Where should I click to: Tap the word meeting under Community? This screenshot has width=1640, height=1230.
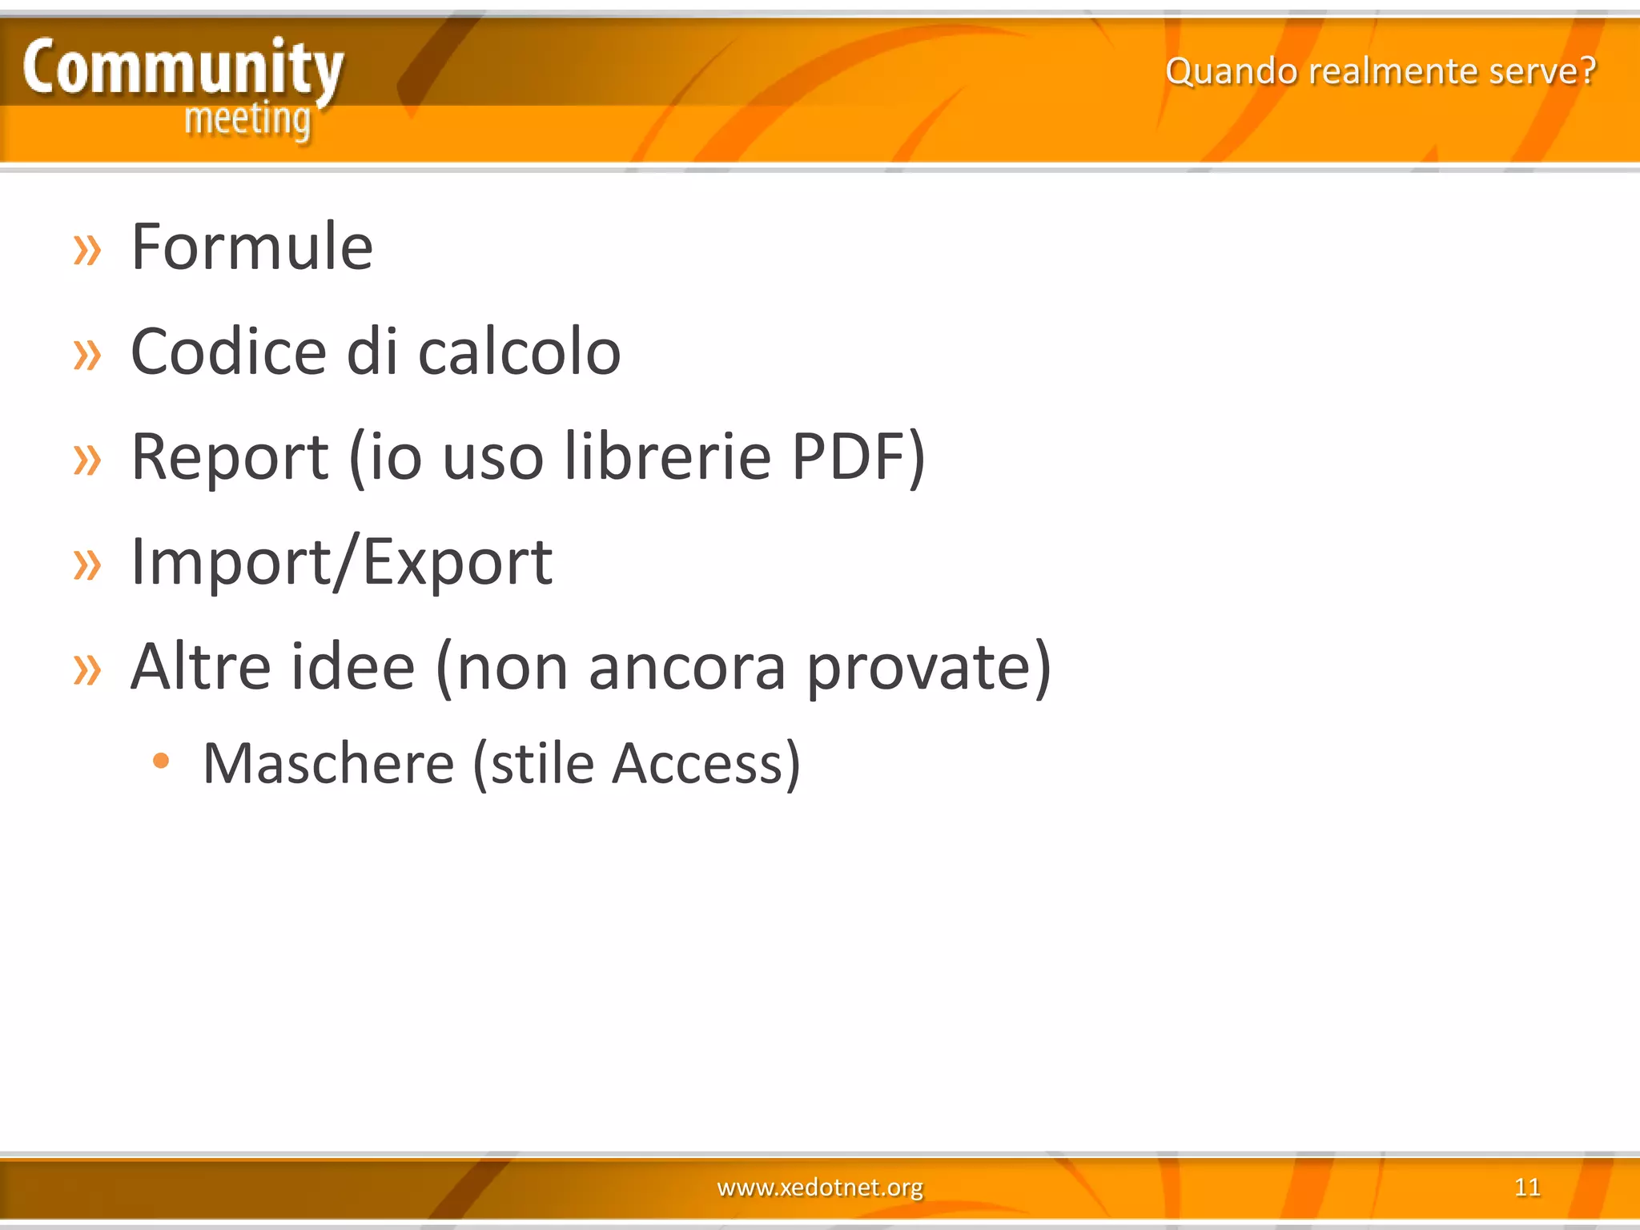tap(247, 120)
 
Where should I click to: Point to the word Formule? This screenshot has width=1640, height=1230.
tap(252, 247)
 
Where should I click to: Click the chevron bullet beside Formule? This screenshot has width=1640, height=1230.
tap(87, 250)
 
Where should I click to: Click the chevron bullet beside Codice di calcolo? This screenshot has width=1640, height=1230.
tap(87, 355)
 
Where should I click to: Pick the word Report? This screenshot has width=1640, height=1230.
tap(230, 457)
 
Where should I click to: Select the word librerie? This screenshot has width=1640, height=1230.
tap(667, 457)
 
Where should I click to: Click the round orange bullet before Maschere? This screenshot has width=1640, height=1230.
tap(161, 761)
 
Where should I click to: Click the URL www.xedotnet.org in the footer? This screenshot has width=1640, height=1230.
tap(820, 1187)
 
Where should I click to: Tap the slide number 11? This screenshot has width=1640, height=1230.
tap(1527, 1187)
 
